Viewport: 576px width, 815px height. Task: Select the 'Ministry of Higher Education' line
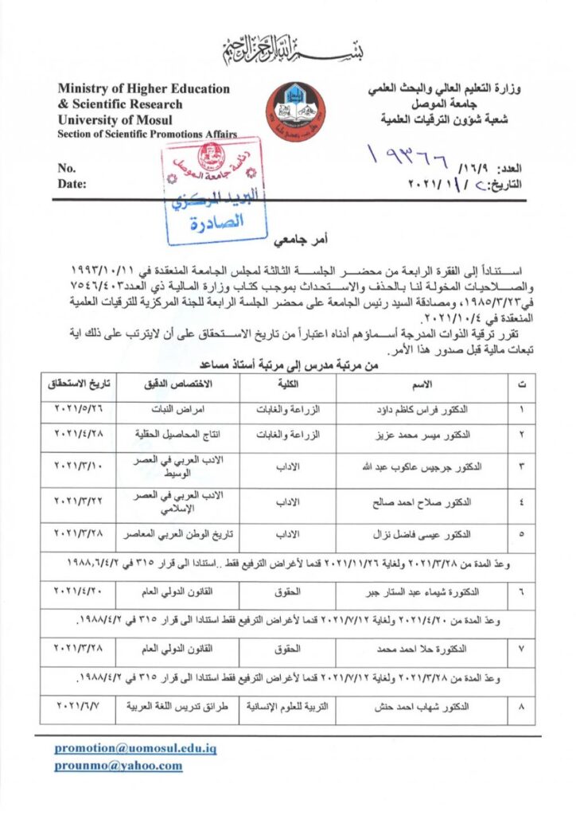(143, 89)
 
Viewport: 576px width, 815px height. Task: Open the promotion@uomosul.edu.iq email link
(135, 749)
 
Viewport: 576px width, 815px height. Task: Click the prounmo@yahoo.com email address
(118, 766)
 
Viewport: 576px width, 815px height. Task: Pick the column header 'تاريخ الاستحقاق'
(79, 384)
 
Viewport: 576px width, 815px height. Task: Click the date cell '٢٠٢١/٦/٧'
(78, 706)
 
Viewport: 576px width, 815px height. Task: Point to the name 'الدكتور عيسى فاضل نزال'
(426, 533)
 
